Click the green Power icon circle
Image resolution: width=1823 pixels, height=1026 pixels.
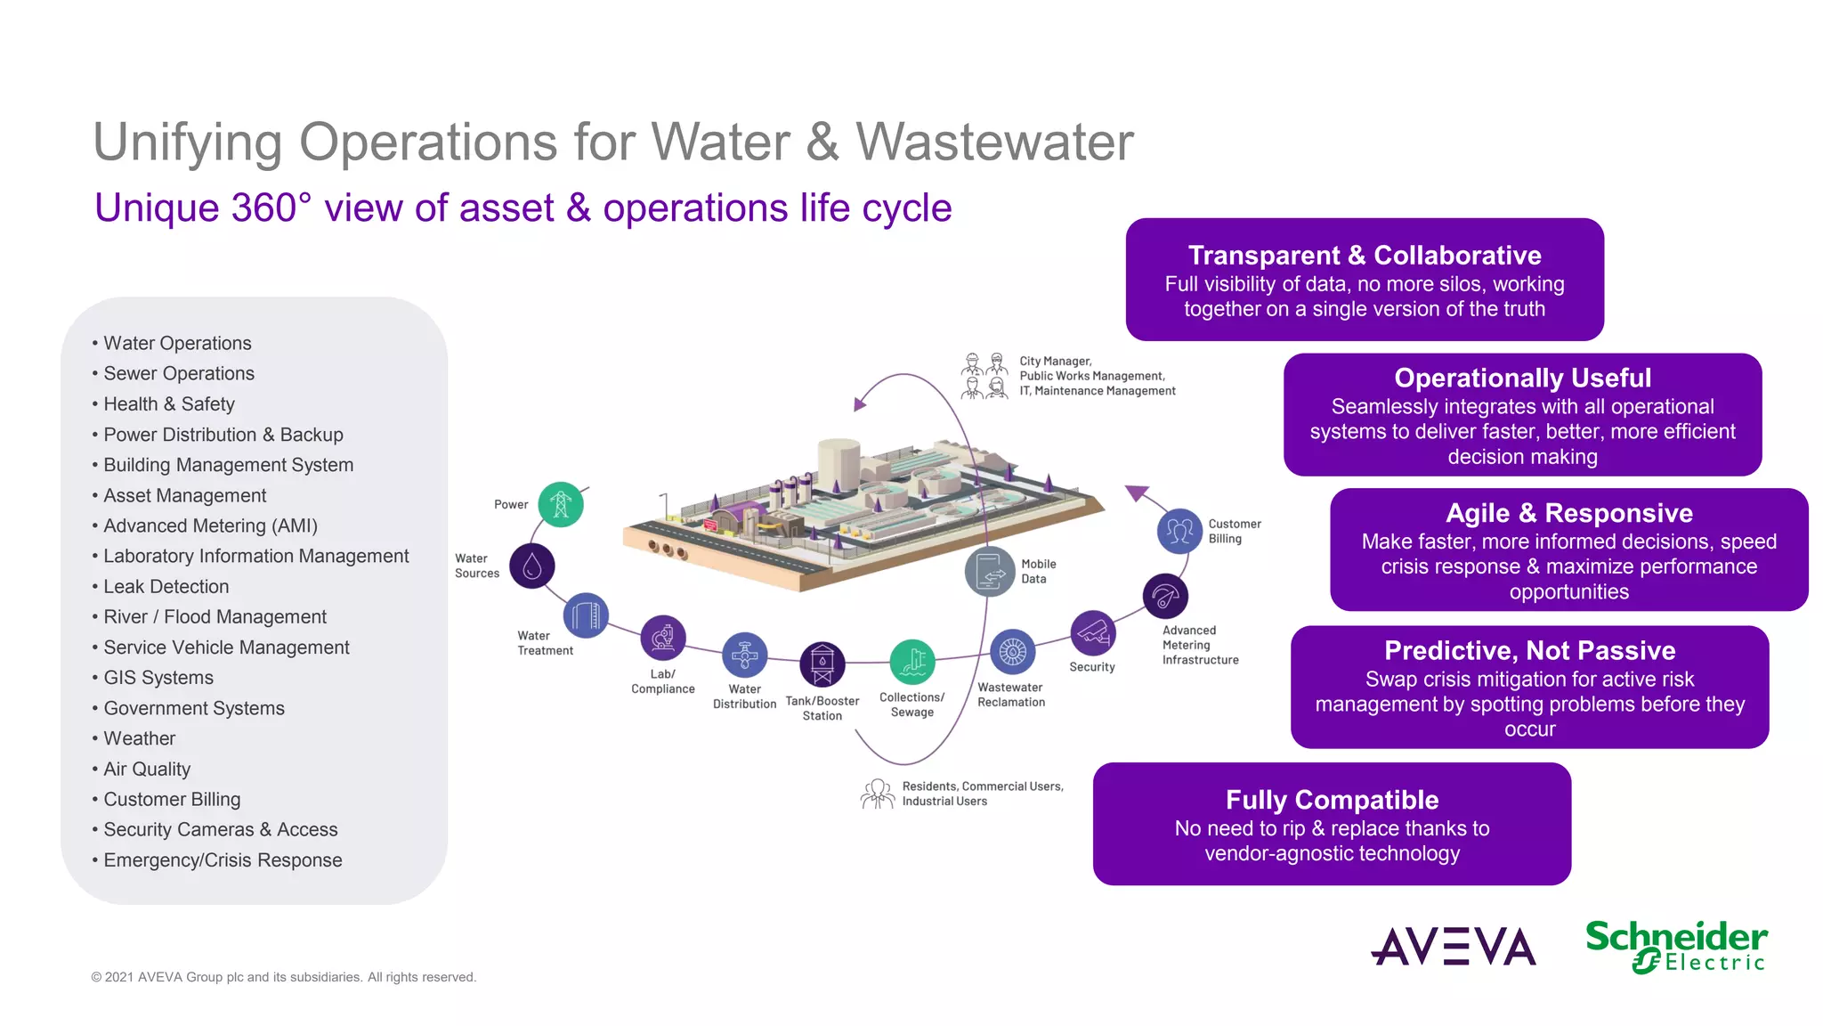(x=561, y=505)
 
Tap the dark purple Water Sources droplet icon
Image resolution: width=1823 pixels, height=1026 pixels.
(x=532, y=566)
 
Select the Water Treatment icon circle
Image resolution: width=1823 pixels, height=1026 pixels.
(x=586, y=615)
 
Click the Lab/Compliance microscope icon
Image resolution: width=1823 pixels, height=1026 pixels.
(x=663, y=638)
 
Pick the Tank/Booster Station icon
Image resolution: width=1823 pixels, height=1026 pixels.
(x=822, y=664)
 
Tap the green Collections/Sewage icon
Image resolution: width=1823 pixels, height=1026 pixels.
(x=912, y=662)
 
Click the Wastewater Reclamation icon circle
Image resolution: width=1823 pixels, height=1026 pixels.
(x=1012, y=653)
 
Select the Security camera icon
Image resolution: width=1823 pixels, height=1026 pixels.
(x=1092, y=633)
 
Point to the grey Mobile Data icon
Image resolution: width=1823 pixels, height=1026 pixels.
(x=990, y=572)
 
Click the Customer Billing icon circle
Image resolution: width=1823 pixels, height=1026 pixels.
(x=1179, y=531)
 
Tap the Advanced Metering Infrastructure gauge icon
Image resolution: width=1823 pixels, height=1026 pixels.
(x=1165, y=597)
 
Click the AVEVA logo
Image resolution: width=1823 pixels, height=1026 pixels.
(x=1454, y=947)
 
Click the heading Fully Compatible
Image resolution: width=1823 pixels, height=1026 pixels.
(x=1332, y=800)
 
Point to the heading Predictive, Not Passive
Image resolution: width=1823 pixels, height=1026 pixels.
(x=1529, y=650)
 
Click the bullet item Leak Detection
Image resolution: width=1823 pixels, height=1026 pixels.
(x=166, y=587)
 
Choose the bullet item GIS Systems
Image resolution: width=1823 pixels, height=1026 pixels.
(x=158, y=678)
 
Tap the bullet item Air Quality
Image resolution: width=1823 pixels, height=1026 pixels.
(x=147, y=769)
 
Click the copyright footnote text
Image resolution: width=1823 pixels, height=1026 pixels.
(x=284, y=977)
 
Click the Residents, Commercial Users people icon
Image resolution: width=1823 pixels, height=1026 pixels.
(x=878, y=793)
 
